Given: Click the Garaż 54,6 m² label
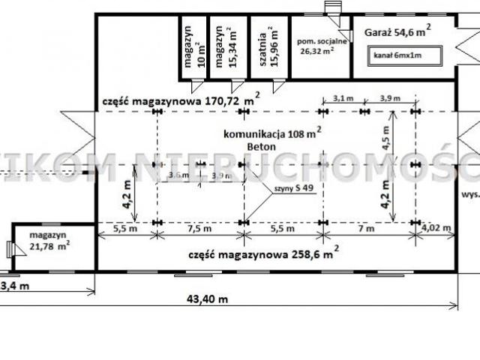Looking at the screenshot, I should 397,31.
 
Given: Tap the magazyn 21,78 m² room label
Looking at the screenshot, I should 44,240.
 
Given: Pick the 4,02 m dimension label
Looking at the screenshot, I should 436,228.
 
